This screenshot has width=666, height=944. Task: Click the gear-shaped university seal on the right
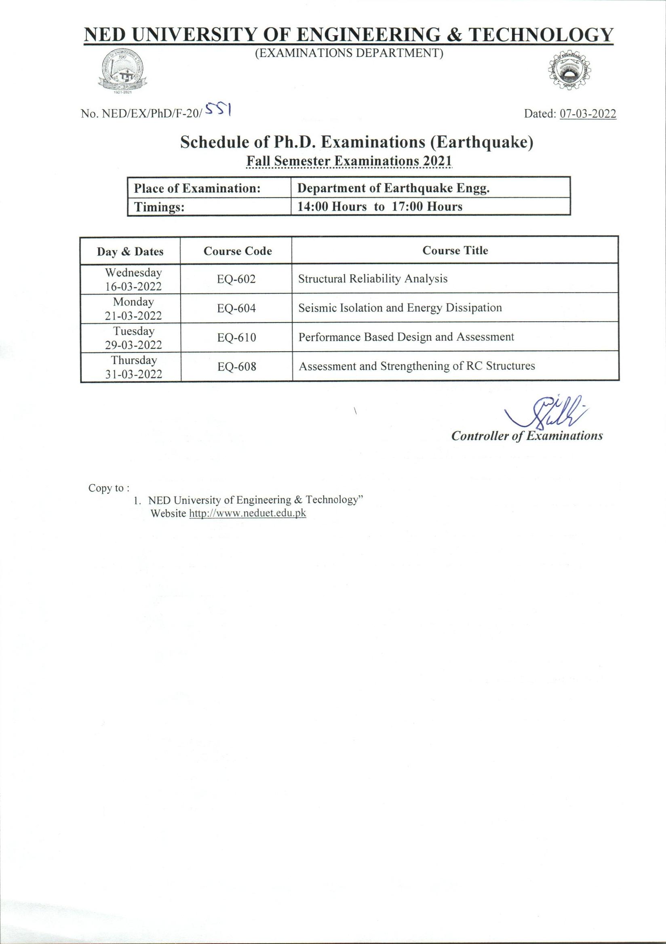tap(570, 72)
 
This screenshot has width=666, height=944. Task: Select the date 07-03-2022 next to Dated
tap(588, 114)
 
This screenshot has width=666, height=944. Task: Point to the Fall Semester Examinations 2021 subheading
tap(349, 161)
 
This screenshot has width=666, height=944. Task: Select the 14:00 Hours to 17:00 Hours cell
tap(430, 206)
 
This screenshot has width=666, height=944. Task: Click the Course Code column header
tap(238, 251)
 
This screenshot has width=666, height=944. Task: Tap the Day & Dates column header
tap(130, 251)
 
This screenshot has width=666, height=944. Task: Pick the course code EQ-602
tap(236, 279)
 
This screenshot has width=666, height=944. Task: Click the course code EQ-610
tap(236, 337)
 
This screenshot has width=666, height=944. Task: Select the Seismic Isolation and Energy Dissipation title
tap(400, 308)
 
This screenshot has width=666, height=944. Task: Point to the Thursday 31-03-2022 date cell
tap(134, 367)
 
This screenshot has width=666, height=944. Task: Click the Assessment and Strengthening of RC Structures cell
tap(417, 366)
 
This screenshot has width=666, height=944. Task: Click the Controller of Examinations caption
tap(527, 436)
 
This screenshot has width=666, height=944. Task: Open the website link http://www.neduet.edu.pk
tap(247, 513)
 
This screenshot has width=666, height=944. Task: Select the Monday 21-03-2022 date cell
tap(134, 308)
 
